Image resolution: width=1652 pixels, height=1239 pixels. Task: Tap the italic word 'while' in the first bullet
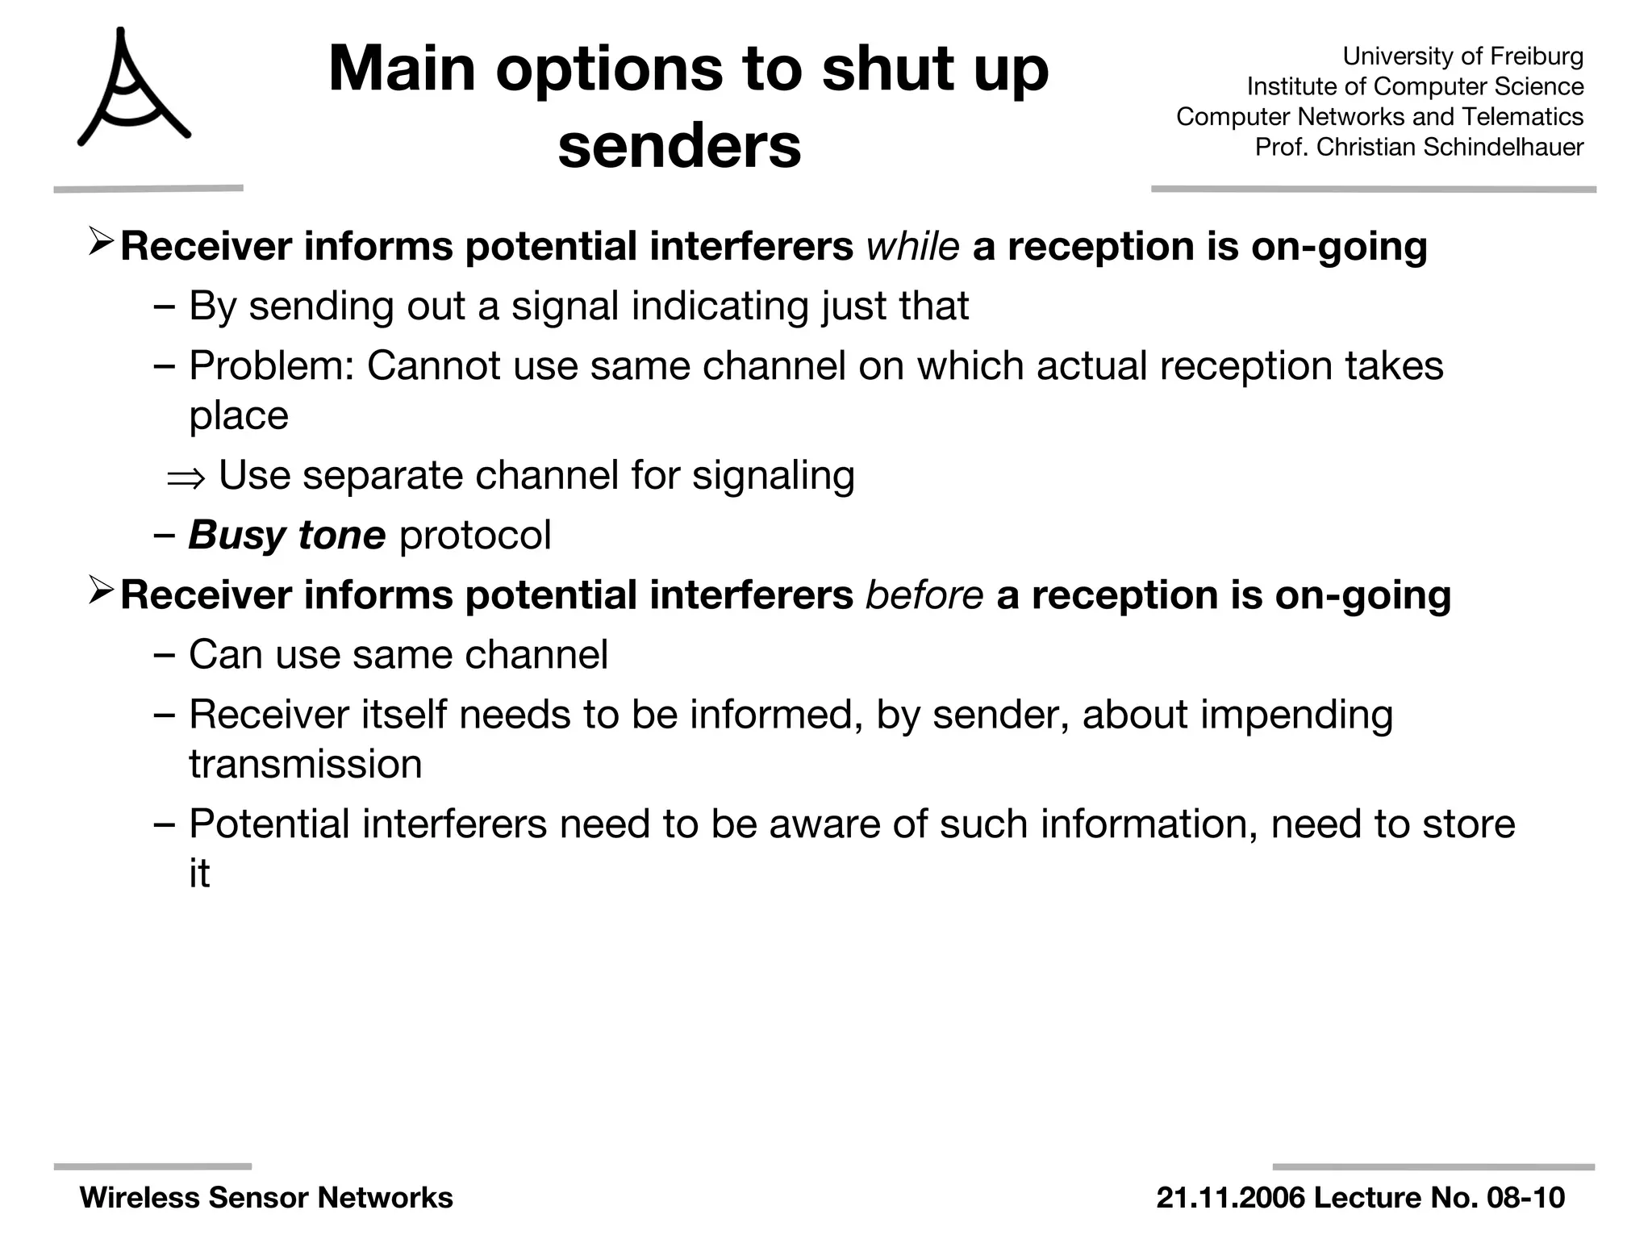click(x=912, y=246)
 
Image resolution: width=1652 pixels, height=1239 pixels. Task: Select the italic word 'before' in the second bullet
click(x=924, y=595)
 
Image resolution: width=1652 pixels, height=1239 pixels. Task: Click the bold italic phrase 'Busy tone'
click(x=286, y=535)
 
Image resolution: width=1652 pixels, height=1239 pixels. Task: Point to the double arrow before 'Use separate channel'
click(x=186, y=478)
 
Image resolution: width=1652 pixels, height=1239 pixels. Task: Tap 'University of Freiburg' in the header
click(x=1462, y=56)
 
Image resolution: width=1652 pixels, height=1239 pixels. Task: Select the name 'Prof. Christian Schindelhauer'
click(x=1419, y=147)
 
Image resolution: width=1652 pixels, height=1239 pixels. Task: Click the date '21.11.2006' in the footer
click(x=1229, y=1198)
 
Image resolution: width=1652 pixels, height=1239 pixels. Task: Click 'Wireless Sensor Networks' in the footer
click(x=266, y=1198)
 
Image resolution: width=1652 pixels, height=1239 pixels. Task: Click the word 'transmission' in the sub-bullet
click(x=305, y=765)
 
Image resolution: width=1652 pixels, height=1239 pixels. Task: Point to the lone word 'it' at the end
click(x=199, y=874)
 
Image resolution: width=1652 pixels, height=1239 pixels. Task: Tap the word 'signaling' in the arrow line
click(x=773, y=475)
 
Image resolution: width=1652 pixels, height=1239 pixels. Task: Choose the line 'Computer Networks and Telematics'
click(x=1379, y=117)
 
